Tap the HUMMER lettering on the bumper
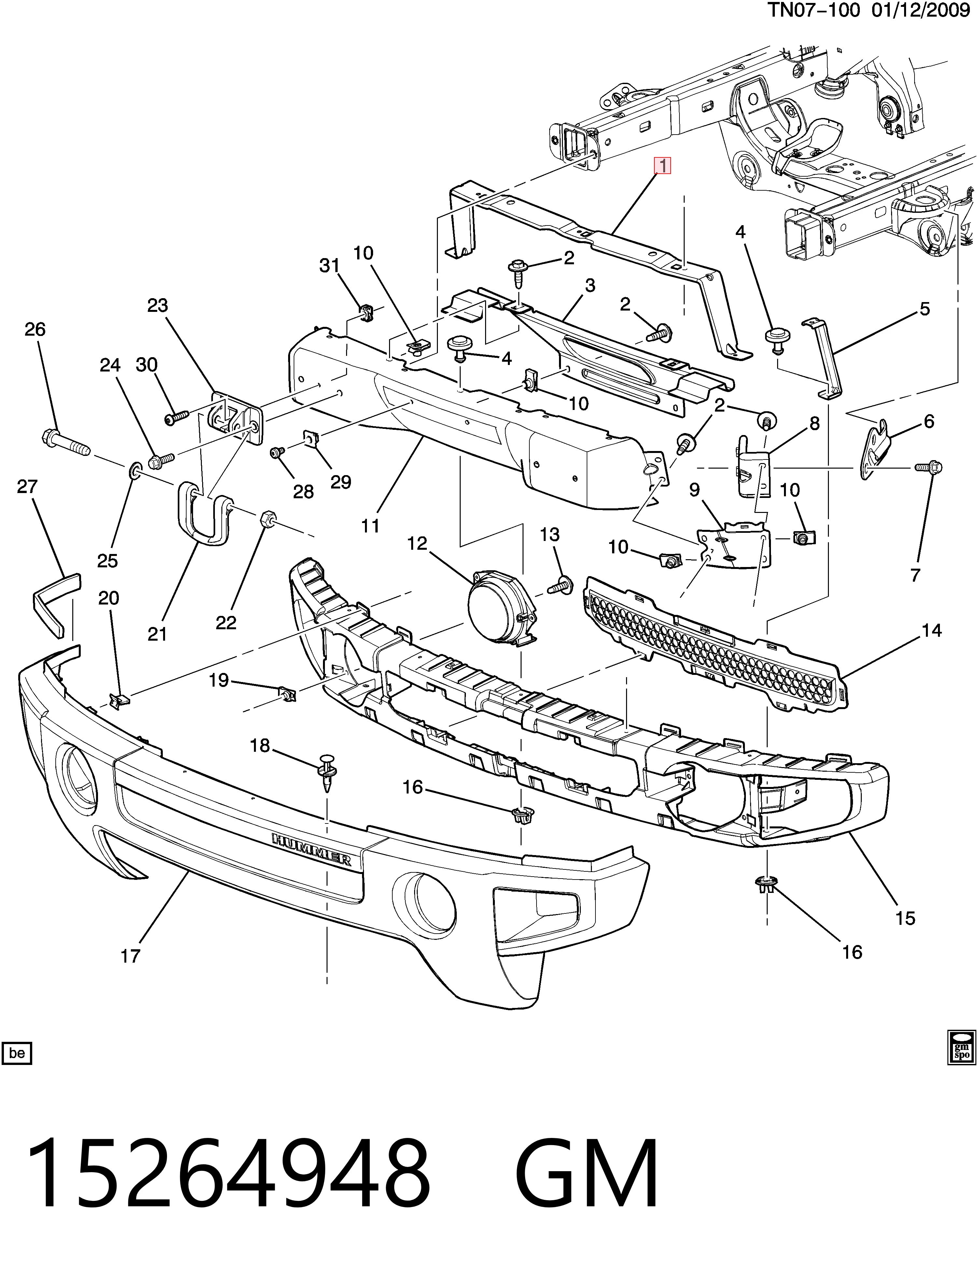click(312, 849)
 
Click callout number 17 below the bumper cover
click(131, 956)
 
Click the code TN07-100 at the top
click(814, 11)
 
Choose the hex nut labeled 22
click(268, 518)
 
